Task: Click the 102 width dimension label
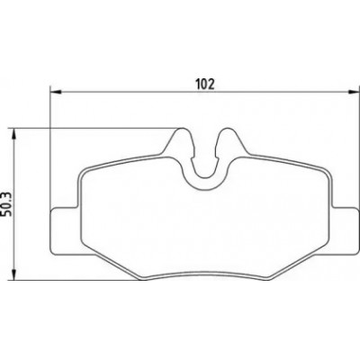(205, 85)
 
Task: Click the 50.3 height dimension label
(6, 204)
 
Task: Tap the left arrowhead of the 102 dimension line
(56, 91)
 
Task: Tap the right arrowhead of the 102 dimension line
(353, 91)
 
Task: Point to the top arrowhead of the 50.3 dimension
(13, 134)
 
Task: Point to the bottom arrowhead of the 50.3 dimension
(13, 274)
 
